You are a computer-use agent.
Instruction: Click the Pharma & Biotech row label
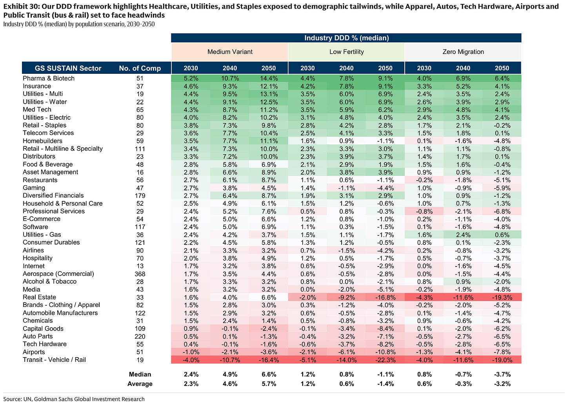click(49, 78)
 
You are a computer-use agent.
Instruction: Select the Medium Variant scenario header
click(230, 52)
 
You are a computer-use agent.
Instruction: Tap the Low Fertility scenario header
click(346, 52)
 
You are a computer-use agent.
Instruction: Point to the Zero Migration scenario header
click(463, 52)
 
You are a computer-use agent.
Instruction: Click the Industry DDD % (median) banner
click(346, 38)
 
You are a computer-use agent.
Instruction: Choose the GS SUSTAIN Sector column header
click(68, 68)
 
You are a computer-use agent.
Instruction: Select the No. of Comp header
click(140, 68)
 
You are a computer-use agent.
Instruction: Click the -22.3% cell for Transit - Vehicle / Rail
click(386, 360)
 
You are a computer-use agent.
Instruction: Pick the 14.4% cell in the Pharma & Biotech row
click(269, 78)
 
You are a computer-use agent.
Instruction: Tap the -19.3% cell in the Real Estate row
click(502, 297)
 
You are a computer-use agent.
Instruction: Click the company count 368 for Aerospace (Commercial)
click(140, 274)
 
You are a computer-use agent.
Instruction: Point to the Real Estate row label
click(39, 297)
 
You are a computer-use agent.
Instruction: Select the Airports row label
click(34, 352)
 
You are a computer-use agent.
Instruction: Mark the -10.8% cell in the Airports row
click(386, 352)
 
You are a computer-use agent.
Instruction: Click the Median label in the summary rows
click(140, 374)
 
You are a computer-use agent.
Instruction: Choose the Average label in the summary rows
click(140, 384)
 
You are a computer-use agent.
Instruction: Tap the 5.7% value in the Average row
click(269, 384)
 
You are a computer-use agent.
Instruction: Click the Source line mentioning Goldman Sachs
click(74, 399)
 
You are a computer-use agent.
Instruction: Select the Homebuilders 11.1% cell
click(269, 141)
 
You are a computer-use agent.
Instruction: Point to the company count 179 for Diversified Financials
click(140, 196)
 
